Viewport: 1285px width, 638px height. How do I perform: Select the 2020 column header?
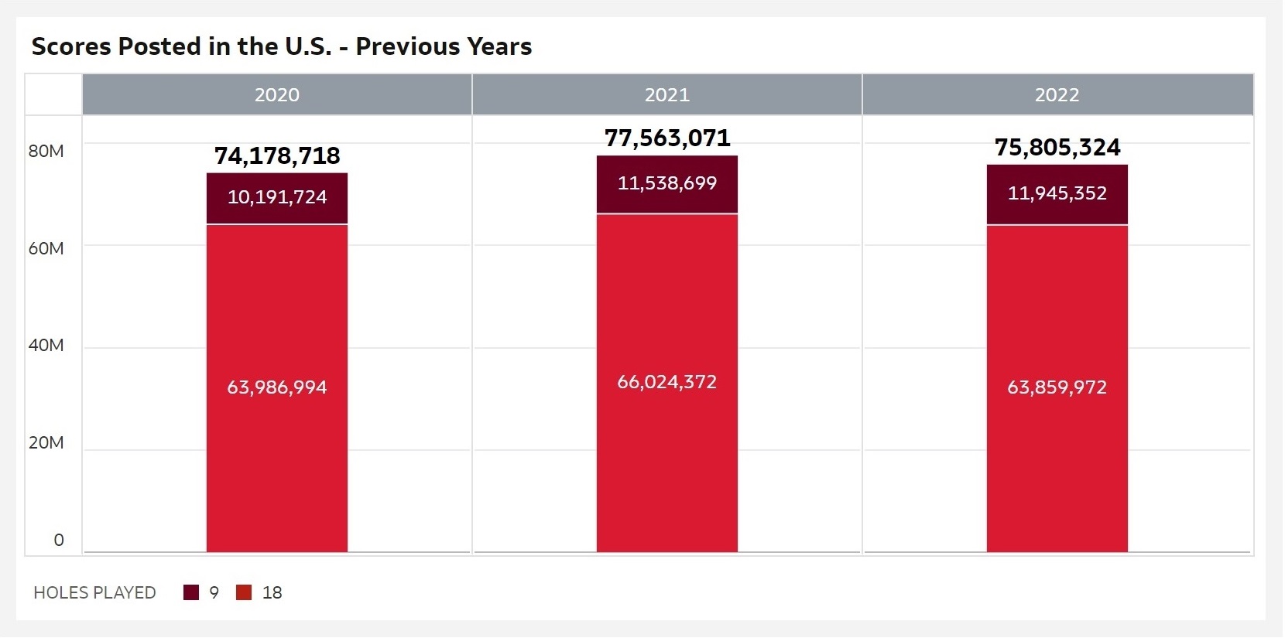[277, 95]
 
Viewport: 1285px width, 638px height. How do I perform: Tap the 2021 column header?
[666, 95]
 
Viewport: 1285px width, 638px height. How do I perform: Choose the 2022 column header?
[1057, 95]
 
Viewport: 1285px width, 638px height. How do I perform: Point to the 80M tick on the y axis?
[46, 151]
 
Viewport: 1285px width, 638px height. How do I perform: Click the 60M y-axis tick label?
[46, 248]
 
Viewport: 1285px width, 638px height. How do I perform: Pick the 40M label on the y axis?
[46, 345]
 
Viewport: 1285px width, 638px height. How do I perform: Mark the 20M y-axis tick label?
[46, 442]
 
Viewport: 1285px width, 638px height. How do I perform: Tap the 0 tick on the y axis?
[59, 540]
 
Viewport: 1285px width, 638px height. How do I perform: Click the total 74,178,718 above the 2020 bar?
[277, 155]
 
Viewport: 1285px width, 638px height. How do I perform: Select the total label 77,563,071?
[666, 138]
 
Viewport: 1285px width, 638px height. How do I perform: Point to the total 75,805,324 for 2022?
[1057, 147]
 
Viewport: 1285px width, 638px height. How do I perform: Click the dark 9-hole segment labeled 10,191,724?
[277, 197]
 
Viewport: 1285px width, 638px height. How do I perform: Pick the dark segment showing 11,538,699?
[666, 183]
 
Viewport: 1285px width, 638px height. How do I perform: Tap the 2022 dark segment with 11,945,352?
[1057, 193]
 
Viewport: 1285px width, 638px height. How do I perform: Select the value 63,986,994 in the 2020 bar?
[277, 387]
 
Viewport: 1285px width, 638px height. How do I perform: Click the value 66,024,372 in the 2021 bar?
[666, 382]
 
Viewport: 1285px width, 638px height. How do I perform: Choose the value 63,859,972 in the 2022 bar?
[1057, 387]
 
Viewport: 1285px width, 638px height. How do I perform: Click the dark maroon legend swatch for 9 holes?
[191, 593]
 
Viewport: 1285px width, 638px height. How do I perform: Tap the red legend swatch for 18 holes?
[244, 593]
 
